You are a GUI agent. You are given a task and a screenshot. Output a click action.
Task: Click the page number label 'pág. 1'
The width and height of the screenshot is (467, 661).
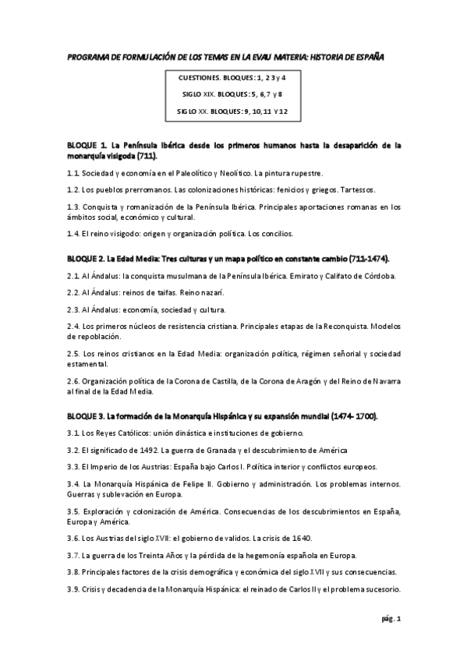[x=391, y=619]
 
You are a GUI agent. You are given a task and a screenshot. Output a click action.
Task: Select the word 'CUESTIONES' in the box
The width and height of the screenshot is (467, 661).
[x=199, y=79]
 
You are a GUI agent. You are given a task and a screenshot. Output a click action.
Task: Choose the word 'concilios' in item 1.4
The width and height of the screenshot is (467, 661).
[x=275, y=233]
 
